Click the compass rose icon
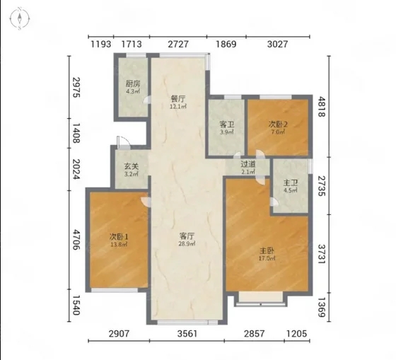tap(20, 18)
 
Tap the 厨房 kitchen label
tap(133, 83)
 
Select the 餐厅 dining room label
tap(178, 98)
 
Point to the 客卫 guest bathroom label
tap(227, 124)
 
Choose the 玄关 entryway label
tap(132, 166)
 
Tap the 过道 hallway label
tap(248, 164)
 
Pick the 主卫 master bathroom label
tap(291, 182)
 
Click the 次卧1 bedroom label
tap(119, 237)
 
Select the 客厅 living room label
tap(187, 236)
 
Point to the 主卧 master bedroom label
tap(267, 250)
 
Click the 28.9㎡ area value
tap(187, 244)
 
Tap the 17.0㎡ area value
tap(267, 258)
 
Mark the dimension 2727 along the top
tap(178, 45)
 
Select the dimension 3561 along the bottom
tap(187, 334)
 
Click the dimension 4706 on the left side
tap(76, 239)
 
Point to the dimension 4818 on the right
tap(321, 106)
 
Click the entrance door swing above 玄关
tap(123, 142)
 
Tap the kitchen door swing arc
tap(146, 100)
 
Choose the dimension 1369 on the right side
tap(321, 307)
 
